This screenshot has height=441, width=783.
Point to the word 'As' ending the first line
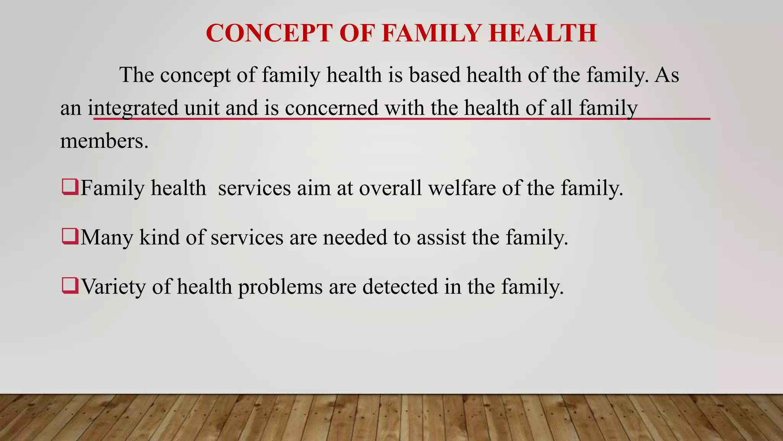(x=667, y=75)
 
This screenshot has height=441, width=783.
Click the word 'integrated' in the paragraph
(x=133, y=108)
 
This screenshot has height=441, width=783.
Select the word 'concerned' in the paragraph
(x=331, y=108)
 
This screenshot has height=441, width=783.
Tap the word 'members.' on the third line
(x=104, y=141)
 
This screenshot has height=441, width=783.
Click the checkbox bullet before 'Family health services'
(x=70, y=187)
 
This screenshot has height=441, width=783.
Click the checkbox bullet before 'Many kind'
(x=70, y=237)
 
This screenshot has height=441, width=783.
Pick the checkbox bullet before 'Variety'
(x=70, y=286)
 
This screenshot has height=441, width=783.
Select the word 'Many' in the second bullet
(x=107, y=237)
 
